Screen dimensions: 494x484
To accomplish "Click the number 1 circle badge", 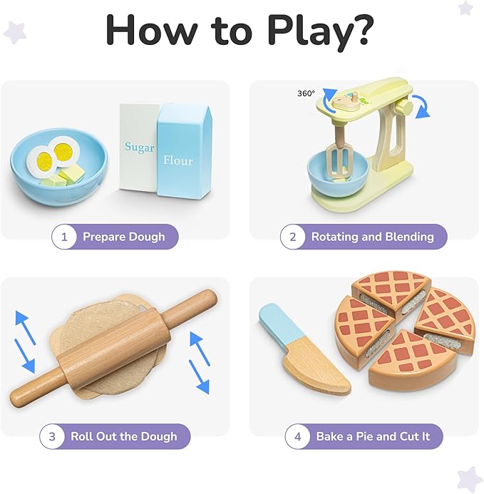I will pyautogui.click(x=64, y=237).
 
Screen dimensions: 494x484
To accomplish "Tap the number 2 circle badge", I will pyautogui.click(x=292, y=237).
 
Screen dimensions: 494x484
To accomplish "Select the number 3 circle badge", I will pyautogui.click(x=52, y=436).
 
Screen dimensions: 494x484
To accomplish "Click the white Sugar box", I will pyautogui.click(x=138, y=146).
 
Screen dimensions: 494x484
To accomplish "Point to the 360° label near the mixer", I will pyautogui.click(x=307, y=93).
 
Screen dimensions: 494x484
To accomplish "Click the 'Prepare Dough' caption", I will pyautogui.click(x=123, y=237).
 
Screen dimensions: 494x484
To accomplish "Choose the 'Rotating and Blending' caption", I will pyautogui.click(x=372, y=237).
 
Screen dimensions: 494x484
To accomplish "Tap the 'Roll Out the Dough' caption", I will pyautogui.click(x=123, y=436).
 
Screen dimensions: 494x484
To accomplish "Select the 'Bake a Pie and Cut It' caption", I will pyautogui.click(x=373, y=436).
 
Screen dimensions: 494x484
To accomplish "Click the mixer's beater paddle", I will pyautogui.click(x=340, y=158).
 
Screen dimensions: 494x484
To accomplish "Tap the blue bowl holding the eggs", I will pyautogui.click(x=57, y=175).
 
